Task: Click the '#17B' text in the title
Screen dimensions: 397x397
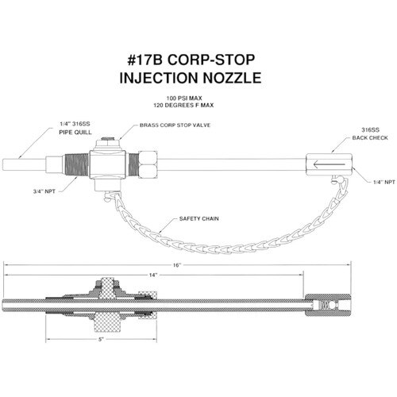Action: pyautogui.click(x=145, y=60)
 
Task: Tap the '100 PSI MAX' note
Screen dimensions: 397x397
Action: pyautogui.click(x=184, y=98)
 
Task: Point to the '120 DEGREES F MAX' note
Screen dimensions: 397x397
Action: pyautogui.click(x=183, y=106)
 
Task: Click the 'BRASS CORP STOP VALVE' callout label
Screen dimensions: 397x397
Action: pyautogui.click(x=175, y=125)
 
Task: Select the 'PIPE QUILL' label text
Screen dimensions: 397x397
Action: pyautogui.click(x=75, y=132)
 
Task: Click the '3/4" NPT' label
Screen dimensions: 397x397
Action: pyautogui.click(x=44, y=191)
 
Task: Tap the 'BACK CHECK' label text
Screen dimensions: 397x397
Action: pyautogui.click(x=370, y=138)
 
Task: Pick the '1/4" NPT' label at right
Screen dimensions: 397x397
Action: pyautogui.click(x=384, y=182)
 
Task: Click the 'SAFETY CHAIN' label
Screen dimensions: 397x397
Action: pyautogui.click(x=199, y=219)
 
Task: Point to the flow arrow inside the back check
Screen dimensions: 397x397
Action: pyautogui.click(x=329, y=164)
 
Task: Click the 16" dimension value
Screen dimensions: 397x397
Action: pyautogui.click(x=177, y=265)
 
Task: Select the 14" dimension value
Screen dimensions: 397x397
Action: pyautogui.click(x=153, y=276)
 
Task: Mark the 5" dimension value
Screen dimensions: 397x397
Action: pyautogui.click(x=101, y=339)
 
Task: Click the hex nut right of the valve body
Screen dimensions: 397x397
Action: pyautogui.click(x=148, y=164)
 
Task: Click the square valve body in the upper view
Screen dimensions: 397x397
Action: pyautogui.click(x=107, y=164)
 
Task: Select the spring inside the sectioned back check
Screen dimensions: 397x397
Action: pyautogui.click(x=325, y=305)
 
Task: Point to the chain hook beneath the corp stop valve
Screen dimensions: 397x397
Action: pyautogui.click(x=110, y=196)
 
